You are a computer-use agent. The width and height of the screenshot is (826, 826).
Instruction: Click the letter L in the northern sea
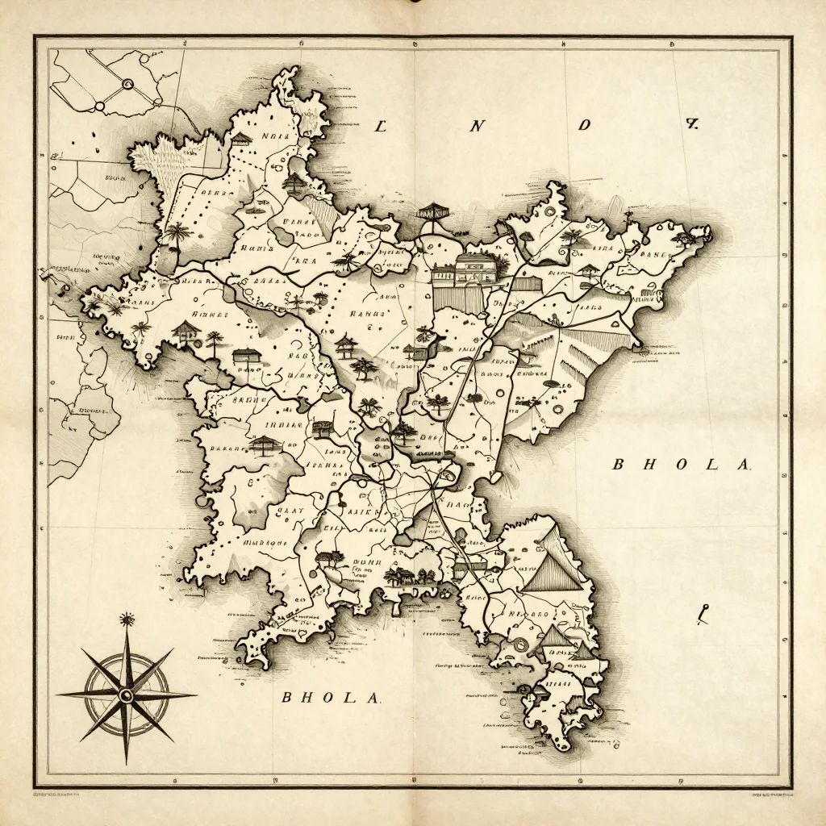tap(382, 125)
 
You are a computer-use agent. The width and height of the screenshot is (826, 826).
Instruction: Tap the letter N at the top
tap(478, 125)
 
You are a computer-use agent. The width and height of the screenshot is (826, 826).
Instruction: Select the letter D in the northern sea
tap(585, 125)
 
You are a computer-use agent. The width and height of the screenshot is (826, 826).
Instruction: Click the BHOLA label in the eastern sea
tap(682, 465)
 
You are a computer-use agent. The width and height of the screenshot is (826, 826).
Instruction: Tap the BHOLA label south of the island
tap(330, 698)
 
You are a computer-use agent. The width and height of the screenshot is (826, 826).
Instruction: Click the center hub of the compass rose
tap(126, 695)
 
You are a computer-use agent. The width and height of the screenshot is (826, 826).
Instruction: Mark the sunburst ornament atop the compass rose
tap(126, 619)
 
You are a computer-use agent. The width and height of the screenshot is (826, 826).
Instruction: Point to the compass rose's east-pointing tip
tap(194, 694)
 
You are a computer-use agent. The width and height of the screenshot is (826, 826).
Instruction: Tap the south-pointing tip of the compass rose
tap(127, 761)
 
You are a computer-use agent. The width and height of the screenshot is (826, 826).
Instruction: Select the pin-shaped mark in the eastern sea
tap(703, 615)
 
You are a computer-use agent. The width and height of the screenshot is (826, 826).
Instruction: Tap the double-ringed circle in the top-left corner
tap(127, 83)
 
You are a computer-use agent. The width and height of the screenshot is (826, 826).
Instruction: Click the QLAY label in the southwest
tap(288, 510)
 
